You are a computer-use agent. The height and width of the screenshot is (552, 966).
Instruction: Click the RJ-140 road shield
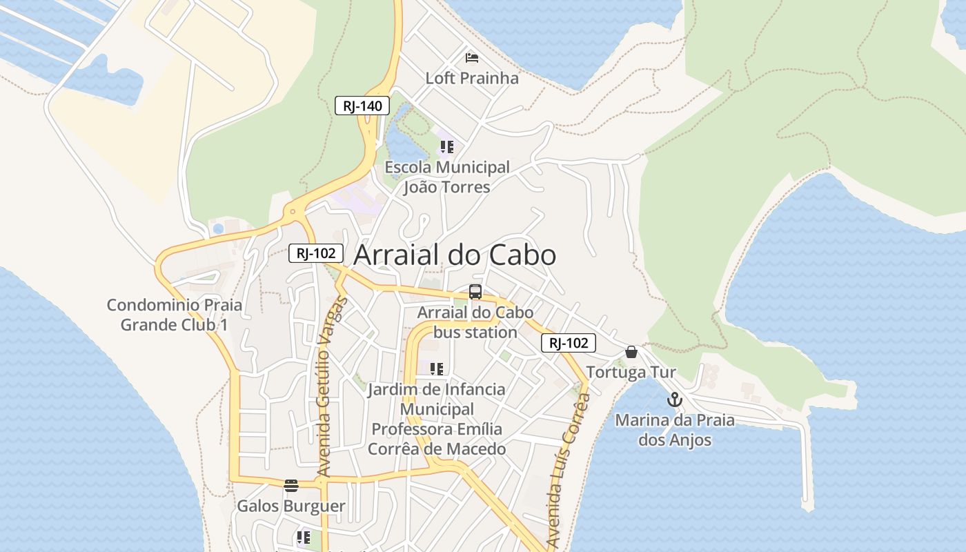[x=362, y=106]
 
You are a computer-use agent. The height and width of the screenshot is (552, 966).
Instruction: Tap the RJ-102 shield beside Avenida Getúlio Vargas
[x=315, y=253]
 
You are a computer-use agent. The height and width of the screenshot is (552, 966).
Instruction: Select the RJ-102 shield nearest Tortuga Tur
[x=568, y=343]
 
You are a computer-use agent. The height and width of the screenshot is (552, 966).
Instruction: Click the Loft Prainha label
[x=472, y=78]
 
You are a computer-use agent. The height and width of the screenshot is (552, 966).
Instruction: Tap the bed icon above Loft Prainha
[x=472, y=57]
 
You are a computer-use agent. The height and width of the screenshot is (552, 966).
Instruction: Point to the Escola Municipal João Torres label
[x=447, y=177]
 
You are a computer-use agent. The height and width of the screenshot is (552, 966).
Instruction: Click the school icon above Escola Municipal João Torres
[x=447, y=147]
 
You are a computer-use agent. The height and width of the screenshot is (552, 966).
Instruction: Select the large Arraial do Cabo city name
[x=455, y=255]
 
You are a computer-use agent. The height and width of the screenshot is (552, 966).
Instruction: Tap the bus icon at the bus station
[x=475, y=292]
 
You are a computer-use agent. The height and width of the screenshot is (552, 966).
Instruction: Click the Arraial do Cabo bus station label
[x=475, y=322]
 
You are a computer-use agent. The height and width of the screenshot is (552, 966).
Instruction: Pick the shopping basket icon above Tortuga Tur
[x=631, y=352]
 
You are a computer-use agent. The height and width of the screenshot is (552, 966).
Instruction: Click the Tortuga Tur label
[x=631, y=373]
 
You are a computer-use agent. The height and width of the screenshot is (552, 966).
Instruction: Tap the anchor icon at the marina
[x=674, y=400]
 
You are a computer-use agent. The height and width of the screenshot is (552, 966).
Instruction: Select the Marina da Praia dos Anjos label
[x=674, y=430]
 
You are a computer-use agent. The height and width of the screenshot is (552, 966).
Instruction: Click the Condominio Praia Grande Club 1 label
[x=175, y=315]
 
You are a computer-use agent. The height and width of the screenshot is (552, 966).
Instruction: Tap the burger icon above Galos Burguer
[x=291, y=485]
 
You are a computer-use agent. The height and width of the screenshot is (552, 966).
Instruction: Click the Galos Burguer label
[x=291, y=506]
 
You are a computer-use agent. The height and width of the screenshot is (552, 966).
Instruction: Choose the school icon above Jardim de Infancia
[x=437, y=369]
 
